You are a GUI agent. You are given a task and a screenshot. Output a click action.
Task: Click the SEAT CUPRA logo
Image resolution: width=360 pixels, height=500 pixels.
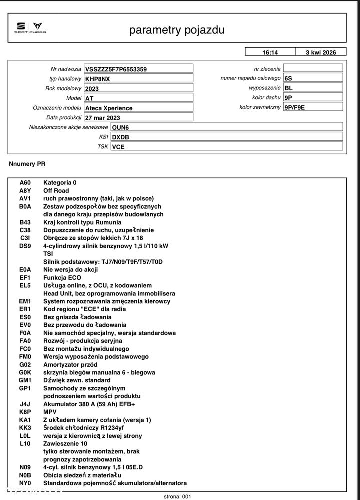point(30,28)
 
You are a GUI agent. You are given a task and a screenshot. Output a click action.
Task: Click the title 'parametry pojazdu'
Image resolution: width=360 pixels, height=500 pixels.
point(177,30)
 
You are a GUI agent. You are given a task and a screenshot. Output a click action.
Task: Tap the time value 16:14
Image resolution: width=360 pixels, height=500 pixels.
point(270,52)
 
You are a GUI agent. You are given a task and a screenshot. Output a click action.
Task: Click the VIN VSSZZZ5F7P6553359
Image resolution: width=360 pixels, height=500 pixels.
point(116,69)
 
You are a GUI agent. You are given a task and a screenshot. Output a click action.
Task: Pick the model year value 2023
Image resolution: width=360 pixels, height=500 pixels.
point(92,89)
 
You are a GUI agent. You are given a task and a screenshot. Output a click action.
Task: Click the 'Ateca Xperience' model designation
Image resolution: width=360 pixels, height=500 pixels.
point(109,108)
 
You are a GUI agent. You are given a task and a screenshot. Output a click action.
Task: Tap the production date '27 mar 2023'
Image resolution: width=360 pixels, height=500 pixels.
point(103,118)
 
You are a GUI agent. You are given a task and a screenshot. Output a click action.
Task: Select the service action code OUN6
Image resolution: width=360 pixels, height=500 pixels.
point(120,127)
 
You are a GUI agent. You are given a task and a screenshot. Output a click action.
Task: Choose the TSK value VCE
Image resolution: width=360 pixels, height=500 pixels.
point(118,147)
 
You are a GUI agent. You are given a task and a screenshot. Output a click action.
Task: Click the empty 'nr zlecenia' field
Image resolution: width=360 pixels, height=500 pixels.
point(313,68)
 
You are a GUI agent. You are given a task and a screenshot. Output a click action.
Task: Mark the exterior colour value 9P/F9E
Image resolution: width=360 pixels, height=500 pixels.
point(294,107)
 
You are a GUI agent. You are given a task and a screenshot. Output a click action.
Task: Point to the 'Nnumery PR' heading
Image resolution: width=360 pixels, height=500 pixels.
point(27,164)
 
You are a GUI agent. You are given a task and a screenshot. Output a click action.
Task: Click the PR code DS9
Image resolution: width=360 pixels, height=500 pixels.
point(25,246)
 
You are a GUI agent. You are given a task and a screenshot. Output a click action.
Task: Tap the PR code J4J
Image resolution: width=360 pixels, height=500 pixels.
point(25,404)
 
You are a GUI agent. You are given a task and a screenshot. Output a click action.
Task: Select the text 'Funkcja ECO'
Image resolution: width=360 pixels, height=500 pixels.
point(62,277)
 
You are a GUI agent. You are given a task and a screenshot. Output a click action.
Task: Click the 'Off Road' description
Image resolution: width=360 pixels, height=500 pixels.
point(56,191)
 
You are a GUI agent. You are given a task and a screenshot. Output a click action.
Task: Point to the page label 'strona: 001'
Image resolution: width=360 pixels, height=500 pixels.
point(178,496)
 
